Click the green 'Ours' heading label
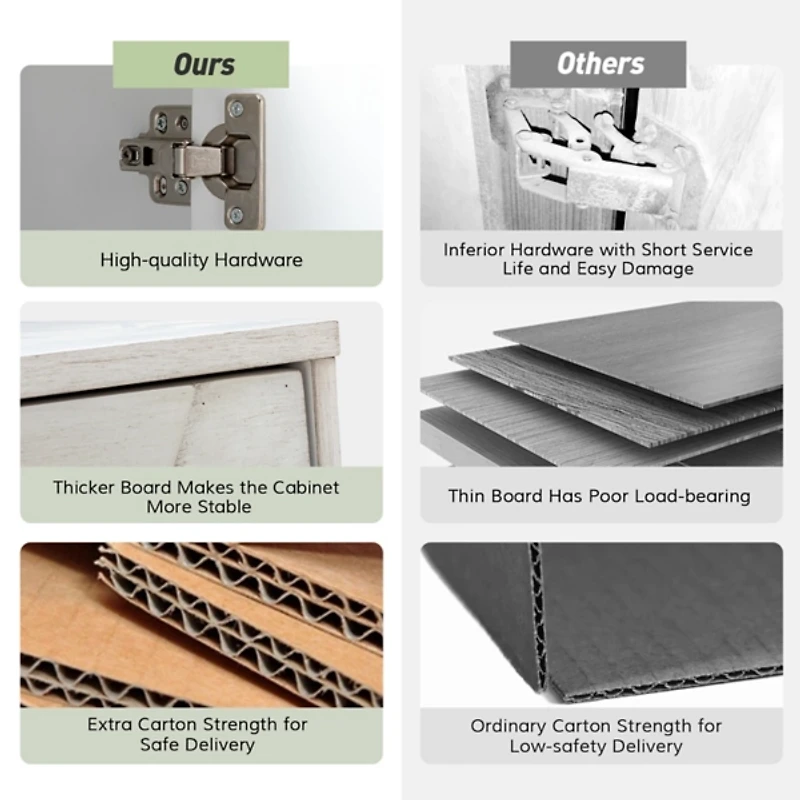201,64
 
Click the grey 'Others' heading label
598,64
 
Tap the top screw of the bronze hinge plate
237,109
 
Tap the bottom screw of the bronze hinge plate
236,215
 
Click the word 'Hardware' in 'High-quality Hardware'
258,260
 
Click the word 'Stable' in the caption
226,507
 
